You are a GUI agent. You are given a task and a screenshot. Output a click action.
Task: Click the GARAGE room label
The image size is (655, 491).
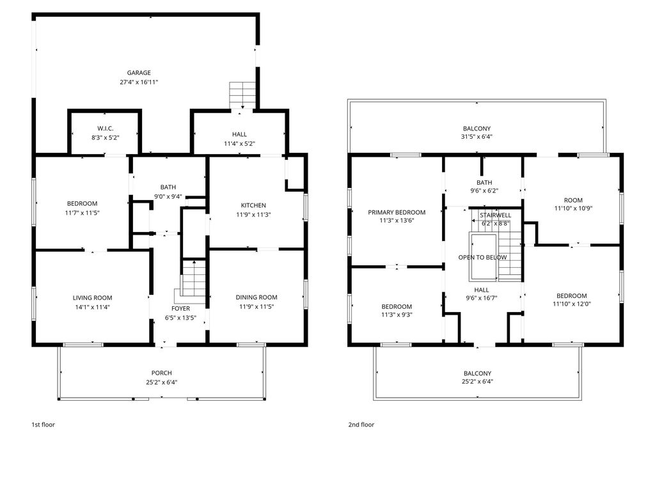(139, 73)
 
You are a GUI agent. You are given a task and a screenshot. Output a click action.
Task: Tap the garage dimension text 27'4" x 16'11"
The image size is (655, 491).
(139, 82)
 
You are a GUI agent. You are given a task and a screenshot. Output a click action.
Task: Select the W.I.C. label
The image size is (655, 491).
(106, 129)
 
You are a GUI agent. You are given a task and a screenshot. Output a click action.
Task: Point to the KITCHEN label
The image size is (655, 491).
(253, 205)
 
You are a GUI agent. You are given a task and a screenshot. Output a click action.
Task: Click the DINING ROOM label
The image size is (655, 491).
(256, 297)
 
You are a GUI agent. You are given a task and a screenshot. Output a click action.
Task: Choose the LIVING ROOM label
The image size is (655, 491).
(92, 298)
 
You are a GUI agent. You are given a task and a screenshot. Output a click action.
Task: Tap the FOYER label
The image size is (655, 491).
(180, 309)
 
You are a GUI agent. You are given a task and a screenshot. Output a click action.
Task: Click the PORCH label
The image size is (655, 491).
(162, 373)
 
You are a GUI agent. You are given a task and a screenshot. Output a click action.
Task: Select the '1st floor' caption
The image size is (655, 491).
(43, 425)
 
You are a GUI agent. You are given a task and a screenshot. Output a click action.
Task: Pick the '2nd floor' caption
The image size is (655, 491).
(361, 425)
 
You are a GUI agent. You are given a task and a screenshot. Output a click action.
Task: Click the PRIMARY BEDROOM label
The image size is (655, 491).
(397, 212)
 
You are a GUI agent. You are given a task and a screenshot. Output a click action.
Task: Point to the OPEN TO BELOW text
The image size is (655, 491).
(482, 257)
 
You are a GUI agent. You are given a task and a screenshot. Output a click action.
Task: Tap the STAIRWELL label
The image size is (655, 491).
(496, 215)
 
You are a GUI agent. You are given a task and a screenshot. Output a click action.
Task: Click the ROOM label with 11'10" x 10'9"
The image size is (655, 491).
(573, 200)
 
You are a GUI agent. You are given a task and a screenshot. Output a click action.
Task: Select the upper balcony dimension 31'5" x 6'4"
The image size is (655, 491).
(477, 137)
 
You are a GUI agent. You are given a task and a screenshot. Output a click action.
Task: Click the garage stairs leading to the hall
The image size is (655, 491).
(242, 95)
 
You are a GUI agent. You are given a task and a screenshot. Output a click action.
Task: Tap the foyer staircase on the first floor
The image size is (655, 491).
(194, 279)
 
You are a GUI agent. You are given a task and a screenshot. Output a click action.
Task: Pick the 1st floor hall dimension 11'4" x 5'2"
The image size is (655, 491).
(239, 144)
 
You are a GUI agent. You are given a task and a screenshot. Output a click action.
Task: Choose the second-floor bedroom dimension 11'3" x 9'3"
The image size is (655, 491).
(397, 315)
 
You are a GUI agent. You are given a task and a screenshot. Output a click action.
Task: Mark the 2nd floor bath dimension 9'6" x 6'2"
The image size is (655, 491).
(484, 191)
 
